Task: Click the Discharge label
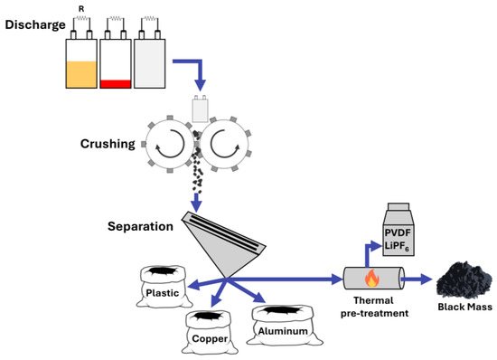pos(33,24)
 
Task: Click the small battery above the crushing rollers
pos(201,109)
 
